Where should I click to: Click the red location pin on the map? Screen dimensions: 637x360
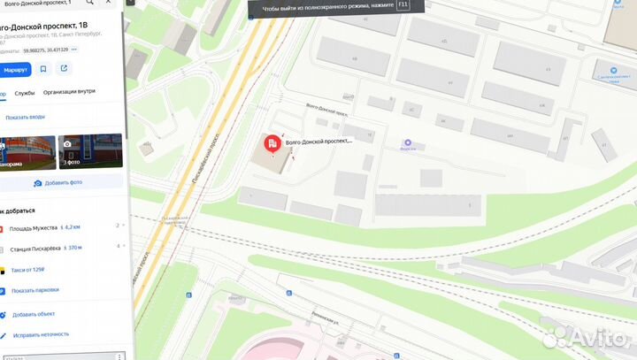point(272,143)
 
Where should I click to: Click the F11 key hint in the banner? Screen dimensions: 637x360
point(403,4)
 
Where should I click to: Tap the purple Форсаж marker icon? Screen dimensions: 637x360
point(408,142)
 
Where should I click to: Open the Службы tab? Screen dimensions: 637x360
point(25,93)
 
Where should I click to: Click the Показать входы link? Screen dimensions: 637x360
point(25,117)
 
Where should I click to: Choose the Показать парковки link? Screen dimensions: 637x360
point(35,290)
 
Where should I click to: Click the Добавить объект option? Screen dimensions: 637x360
point(34,314)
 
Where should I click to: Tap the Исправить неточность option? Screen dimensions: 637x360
point(40,334)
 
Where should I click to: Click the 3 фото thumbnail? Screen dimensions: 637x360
point(90,150)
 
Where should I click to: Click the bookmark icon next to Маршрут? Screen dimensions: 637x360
point(43,68)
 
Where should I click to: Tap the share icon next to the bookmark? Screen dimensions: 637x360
point(64,68)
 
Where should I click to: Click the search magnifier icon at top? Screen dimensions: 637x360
point(89,3)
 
